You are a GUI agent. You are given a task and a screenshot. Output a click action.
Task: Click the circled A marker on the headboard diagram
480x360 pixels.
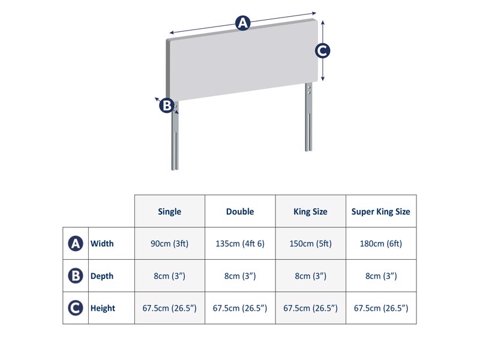[242, 23]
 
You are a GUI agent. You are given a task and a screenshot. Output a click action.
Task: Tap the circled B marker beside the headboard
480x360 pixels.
[167, 106]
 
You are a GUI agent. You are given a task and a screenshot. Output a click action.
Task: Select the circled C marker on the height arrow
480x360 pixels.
[323, 51]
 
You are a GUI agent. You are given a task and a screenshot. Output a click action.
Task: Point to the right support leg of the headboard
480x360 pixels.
[308, 120]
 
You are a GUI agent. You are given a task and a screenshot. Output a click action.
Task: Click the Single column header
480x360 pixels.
[169, 211]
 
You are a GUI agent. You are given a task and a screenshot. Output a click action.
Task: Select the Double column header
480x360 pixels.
[240, 211]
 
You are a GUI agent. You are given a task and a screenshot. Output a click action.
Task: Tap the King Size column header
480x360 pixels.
[310, 211]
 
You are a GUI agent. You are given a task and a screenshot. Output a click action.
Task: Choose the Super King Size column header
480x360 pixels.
[381, 211]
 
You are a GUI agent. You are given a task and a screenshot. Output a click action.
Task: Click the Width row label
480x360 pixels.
[102, 244]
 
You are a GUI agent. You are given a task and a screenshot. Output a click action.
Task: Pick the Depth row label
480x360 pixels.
[102, 276]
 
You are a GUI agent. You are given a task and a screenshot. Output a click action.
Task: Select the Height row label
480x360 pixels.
[103, 308]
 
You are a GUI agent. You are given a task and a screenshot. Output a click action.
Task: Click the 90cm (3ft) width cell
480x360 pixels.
[169, 244]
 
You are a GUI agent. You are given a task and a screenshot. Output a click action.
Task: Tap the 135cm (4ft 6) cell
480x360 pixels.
[240, 244]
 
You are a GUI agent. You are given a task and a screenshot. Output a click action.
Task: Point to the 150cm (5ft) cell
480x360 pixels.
[310, 244]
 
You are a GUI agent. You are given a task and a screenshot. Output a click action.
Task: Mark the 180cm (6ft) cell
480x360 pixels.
[381, 244]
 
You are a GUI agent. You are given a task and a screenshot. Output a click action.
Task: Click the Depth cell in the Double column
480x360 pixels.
[240, 276]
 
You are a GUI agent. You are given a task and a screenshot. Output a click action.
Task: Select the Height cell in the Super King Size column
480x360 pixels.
[381, 308]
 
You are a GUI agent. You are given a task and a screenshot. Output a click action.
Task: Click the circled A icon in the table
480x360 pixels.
[76, 244]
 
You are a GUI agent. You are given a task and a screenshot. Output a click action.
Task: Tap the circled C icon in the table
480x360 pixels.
[76, 308]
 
